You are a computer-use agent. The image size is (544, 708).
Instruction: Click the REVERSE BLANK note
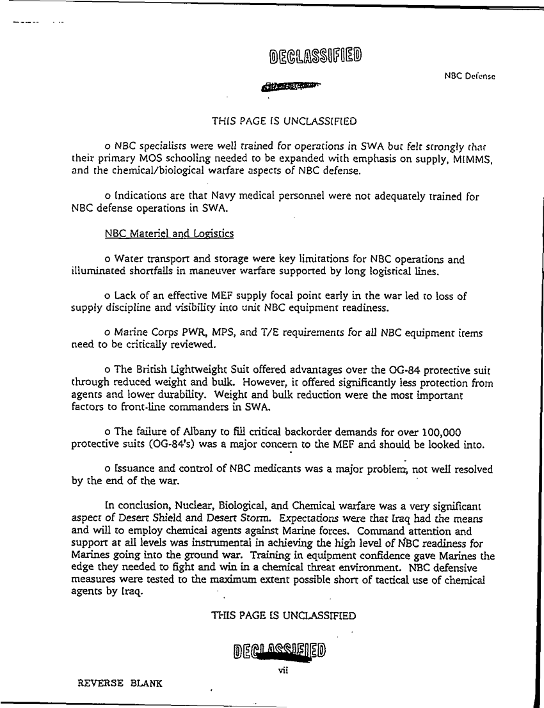click(x=120, y=683)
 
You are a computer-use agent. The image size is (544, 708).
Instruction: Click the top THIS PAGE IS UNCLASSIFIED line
click(x=284, y=120)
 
